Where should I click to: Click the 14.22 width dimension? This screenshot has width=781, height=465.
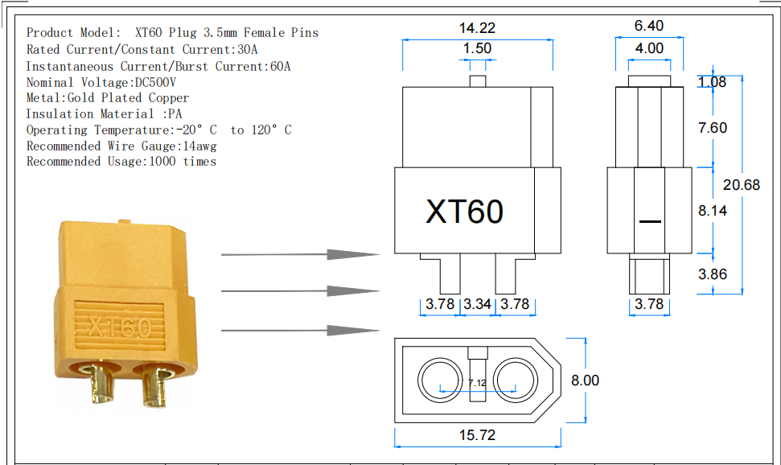pyautogui.click(x=477, y=27)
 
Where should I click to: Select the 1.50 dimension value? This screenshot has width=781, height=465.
pyautogui.click(x=477, y=49)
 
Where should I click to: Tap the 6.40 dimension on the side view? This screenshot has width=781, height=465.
pyautogui.click(x=649, y=27)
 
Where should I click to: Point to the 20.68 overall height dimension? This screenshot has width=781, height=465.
pyautogui.click(x=741, y=185)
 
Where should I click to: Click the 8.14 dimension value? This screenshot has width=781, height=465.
pyautogui.click(x=713, y=210)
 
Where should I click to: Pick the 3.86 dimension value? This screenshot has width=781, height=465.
pyautogui.click(x=713, y=274)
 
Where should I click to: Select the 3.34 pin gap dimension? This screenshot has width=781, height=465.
pyautogui.click(x=478, y=304)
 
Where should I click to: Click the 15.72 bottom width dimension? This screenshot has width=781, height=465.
pyautogui.click(x=477, y=435)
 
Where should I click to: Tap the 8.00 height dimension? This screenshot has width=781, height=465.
pyautogui.click(x=585, y=380)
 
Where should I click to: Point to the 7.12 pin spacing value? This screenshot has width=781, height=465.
pyautogui.click(x=477, y=384)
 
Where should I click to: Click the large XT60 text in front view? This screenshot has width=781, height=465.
pyautogui.click(x=464, y=211)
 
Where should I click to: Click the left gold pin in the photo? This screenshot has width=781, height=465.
pyautogui.click(x=102, y=385)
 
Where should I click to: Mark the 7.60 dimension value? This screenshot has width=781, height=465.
pyautogui.click(x=713, y=128)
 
